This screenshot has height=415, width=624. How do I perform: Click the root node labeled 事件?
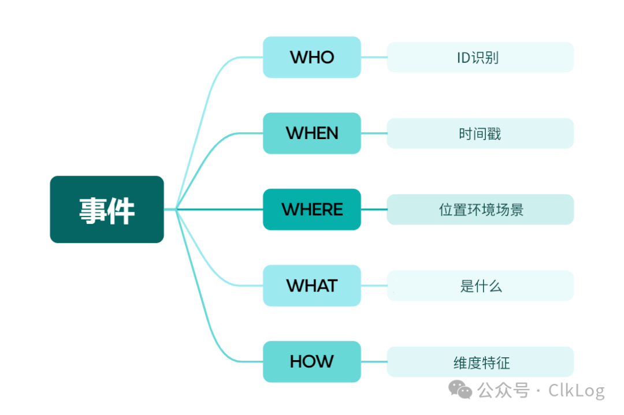pyautogui.click(x=107, y=210)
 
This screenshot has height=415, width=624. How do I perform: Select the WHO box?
pyautogui.click(x=312, y=57)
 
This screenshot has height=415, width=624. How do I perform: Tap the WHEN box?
pyautogui.click(x=312, y=133)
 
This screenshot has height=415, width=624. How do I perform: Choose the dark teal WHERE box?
pyautogui.click(x=312, y=210)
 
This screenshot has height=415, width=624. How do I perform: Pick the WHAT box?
pyautogui.click(x=312, y=286)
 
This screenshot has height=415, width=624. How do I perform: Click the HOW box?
pyautogui.click(x=312, y=362)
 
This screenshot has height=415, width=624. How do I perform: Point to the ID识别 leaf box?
pyautogui.click(x=480, y=57)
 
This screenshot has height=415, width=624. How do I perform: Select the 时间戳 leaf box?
pyautogui.click(x=480, y=133)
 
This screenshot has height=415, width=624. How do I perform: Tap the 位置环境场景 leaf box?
pyautogui.click(x=480, y=210)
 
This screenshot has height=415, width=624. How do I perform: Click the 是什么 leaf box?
pyautogui.click(x=480, y=286)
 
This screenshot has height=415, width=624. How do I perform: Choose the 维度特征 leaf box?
pyautogui.click(x=480, y=362)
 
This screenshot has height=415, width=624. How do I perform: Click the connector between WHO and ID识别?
pyautogui.click(x=374, y=57)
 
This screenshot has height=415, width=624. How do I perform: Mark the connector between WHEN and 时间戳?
pyautogui.click(x=374, y=133)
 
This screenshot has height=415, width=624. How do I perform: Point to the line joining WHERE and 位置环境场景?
pyautogui.click(x=374, y=210)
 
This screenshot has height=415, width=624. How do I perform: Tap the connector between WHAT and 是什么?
pyautogui.click(x=374, y=286)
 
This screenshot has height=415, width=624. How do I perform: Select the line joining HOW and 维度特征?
pyautogui.click(x=374, y=362)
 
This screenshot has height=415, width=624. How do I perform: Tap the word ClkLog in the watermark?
pyautogui.click(x=576, y=391)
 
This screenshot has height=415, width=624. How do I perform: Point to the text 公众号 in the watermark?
pyautogui.click(x=503, y=391)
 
